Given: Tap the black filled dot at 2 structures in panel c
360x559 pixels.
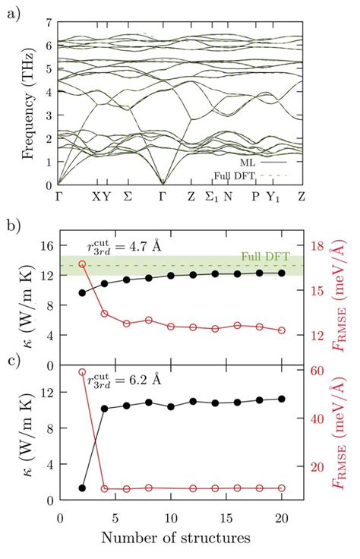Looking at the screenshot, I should click(82, 488).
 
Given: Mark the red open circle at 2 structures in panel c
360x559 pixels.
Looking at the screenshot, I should click(82, 371).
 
